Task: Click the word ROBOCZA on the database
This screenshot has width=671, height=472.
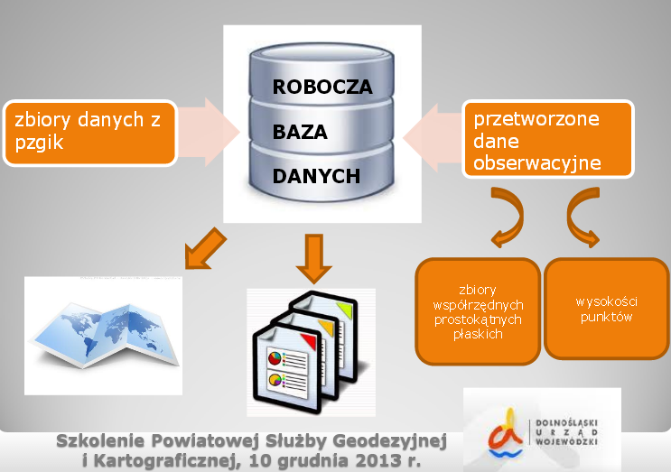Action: pyautogui.click(x=322, y=88)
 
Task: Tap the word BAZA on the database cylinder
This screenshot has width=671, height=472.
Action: pyautogui.click(x=300, y=132)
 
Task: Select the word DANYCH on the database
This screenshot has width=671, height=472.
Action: pyautogui.click(x=317, y=175)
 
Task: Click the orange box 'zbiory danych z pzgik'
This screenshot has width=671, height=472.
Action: pyautogui.click(x=89, y=130)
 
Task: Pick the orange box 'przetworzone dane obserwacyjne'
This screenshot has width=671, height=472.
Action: pyautogui.click(x=547, y=139)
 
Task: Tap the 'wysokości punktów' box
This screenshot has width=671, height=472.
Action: pyautogui.click(x=606, y=310)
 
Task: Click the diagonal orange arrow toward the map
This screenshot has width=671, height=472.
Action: pyautogui.click(x=203, y=247)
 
